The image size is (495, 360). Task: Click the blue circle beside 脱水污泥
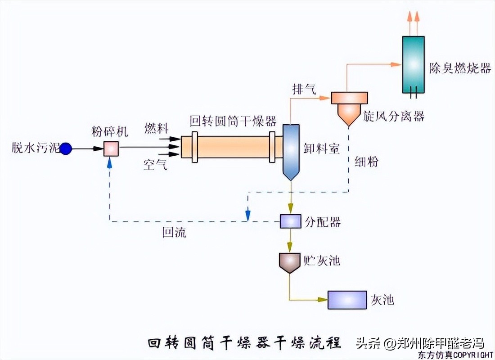[66, 148]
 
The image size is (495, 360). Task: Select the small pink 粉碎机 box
[111, 148]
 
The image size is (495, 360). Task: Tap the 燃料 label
[156, 129]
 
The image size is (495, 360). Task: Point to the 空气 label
[156, 165]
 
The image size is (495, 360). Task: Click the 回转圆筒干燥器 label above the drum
[233, 121]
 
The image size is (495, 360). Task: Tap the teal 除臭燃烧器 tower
[413, 64]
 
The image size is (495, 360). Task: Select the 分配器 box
[290, 221]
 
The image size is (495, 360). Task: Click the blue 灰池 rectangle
[347, 300]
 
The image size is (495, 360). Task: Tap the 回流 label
[175, 233]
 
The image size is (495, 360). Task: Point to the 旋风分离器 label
[394, 117]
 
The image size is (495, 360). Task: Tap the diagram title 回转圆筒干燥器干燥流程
[244, 343]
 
